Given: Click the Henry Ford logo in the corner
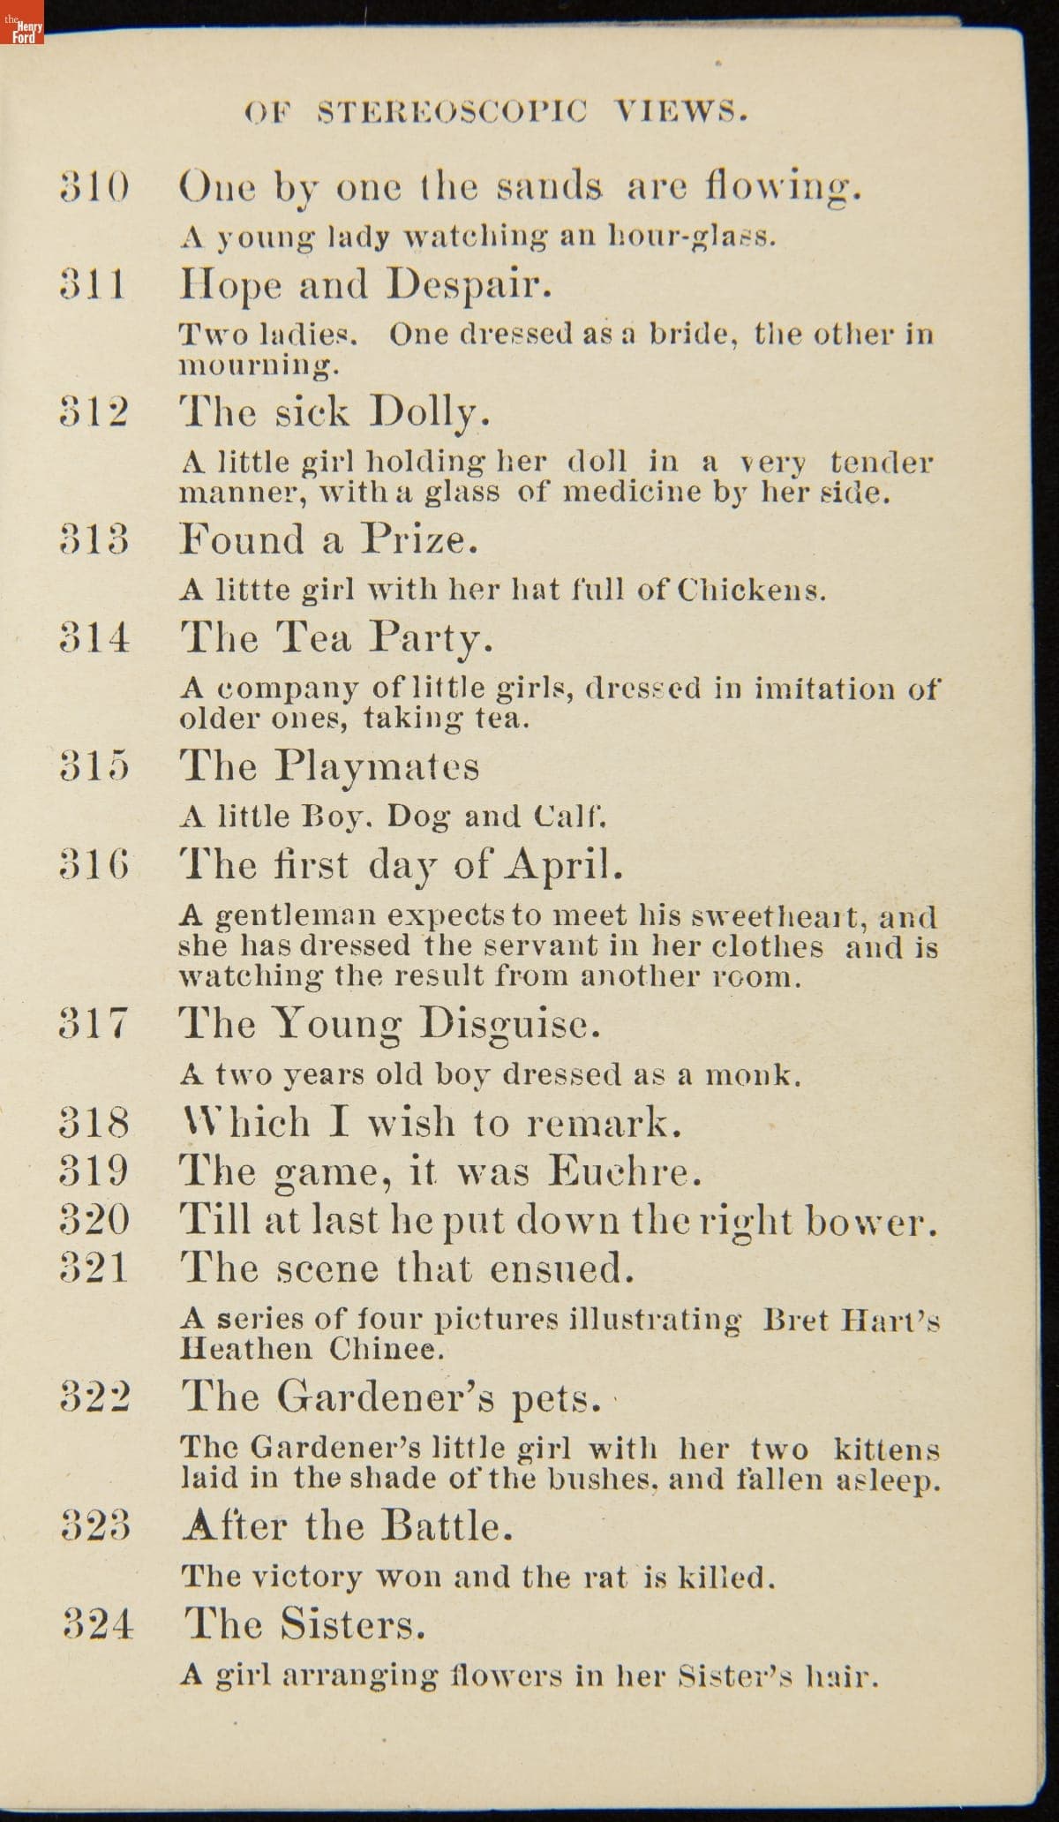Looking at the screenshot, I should (22, 31).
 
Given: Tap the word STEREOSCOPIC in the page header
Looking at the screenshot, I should (450, 113).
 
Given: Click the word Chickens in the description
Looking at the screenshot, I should (752, 591).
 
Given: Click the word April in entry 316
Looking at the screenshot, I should (565, 865).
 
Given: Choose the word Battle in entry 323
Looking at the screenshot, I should (447, 1525).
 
